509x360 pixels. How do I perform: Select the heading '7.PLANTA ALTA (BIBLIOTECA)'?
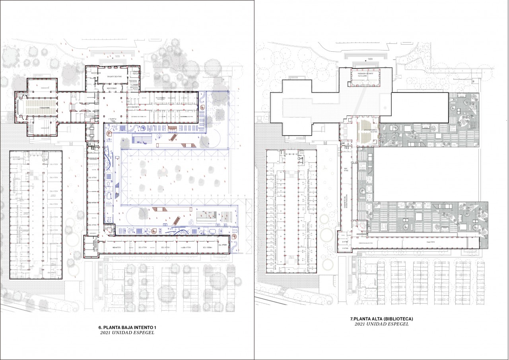click(381, 319)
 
